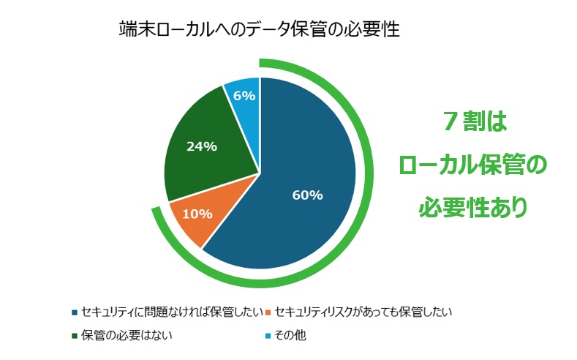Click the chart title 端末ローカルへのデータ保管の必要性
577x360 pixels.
(260, 31)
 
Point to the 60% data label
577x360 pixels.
(307, 195)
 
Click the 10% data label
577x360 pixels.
(197, 214)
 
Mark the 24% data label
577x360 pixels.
(201, 146)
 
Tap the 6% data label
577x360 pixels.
(244, 96)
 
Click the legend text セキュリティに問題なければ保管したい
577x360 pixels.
(172, 312)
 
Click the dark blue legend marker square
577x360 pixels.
(75, 313)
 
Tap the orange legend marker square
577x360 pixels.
(268, 313)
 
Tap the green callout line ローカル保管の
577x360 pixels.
(473, 165)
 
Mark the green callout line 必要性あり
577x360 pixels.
(473, 208)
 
